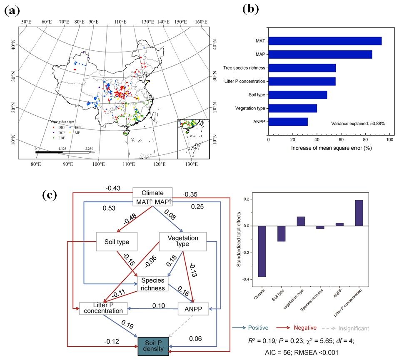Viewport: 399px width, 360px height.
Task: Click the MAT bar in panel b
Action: point(325,41)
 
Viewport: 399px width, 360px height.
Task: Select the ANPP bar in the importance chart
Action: point(288,122)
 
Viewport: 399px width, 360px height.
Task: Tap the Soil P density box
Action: point(153,346)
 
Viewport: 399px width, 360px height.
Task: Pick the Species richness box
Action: point(153,284)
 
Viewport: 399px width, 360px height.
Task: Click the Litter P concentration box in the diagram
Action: point(102,308)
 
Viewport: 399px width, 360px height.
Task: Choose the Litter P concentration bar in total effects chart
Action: point(359,213)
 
